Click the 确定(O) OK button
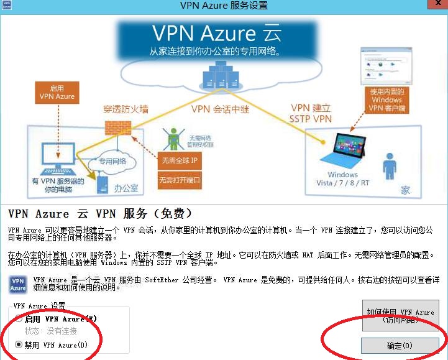coord(399,345)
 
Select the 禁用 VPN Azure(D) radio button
coord(19,344)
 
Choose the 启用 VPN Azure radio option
coord(19,319)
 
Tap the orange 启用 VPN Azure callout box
coord(57,92)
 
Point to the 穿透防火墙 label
coord(126,109)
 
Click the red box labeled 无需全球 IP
coord(179,160)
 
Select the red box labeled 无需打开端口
coord(179,181)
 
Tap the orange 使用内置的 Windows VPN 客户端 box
coord(387,99)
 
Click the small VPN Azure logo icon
coord(18,284)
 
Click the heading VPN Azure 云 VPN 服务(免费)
coord(96,214)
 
